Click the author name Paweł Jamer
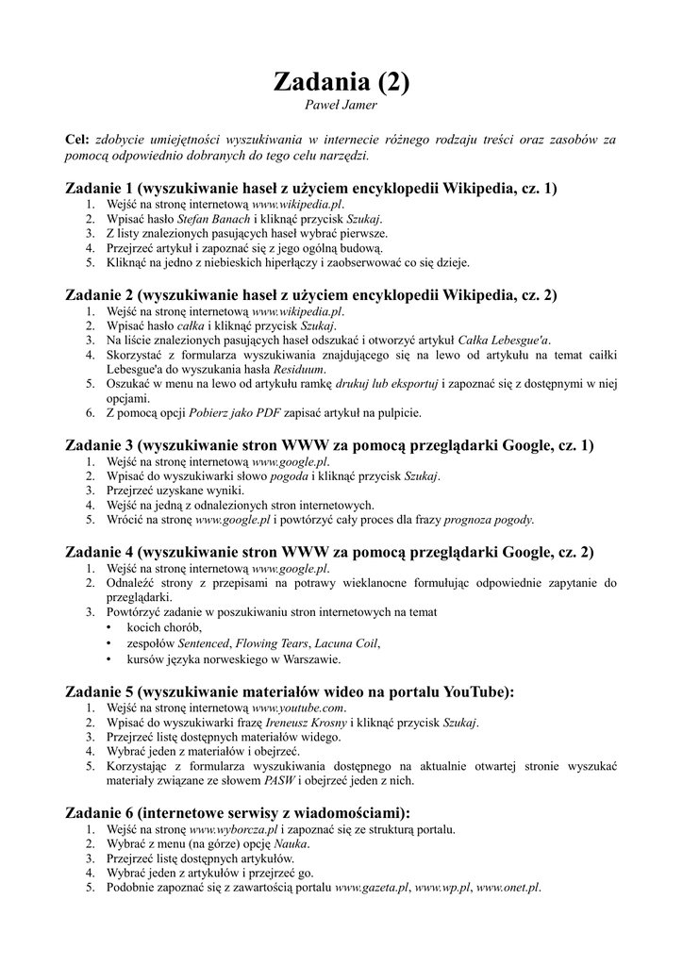click(341, 104)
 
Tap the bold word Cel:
click(76, 140)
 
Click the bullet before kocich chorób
click(110, 628)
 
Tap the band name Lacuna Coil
click(345, 643)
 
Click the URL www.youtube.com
click(299, 708)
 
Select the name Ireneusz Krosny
click(306, 723)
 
